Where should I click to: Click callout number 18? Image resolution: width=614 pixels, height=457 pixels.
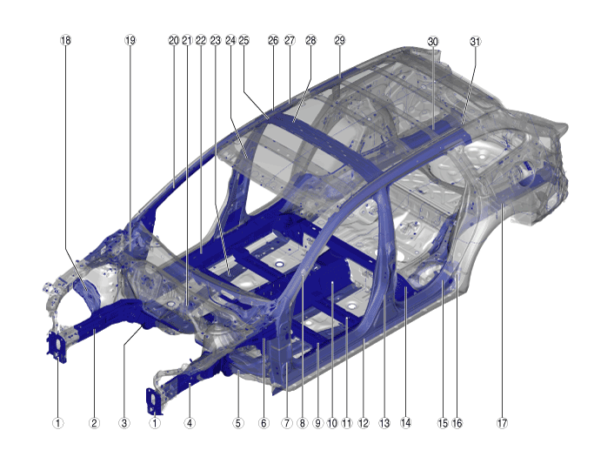[x=66, y=40]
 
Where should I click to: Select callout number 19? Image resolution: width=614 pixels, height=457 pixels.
[x=130, y=40]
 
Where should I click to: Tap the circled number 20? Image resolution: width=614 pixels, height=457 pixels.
[x=174, y=40]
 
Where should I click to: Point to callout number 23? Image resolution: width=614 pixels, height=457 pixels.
[x=216, y=40]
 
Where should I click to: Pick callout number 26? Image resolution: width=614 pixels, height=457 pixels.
[x=273, y=40]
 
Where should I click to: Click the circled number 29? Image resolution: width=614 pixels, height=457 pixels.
[x=339, y=40]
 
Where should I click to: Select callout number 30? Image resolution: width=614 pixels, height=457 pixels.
[x=433, y=42]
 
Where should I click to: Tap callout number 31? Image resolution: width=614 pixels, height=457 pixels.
[x=475, y=42]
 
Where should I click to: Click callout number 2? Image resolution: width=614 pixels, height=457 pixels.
[x=94, y=423]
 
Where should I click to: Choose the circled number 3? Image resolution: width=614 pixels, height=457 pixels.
[x=124, y=423]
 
